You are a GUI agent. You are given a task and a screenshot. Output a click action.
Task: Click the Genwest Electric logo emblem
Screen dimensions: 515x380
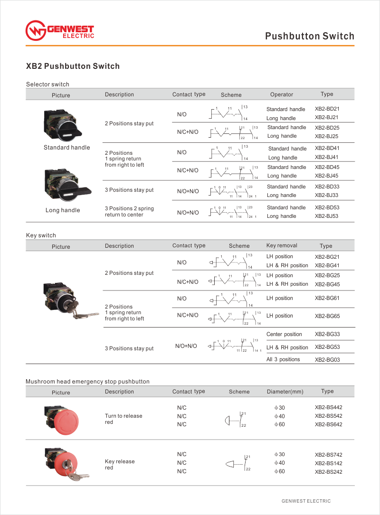click(x=35, y=31)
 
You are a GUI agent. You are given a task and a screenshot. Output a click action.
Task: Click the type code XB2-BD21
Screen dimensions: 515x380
click(x=327, y=109)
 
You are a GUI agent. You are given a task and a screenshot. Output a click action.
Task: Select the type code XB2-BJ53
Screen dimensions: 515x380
click(x=327, y=216)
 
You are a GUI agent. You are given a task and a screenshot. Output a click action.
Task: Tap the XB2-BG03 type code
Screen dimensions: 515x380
click(x=327, y=360)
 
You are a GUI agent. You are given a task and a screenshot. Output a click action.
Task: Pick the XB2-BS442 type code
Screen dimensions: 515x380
click(x=328, y=407)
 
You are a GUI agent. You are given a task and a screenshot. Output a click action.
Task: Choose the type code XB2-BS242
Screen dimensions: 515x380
click(x=328, y=472)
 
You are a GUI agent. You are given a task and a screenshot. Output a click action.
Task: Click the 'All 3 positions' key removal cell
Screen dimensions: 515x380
click(x=283, y=359)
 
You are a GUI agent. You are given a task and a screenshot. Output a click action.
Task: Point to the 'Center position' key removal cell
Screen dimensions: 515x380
click(x=284, y=334)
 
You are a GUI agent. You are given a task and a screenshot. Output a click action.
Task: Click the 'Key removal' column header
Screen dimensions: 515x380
click(x=282, y=245)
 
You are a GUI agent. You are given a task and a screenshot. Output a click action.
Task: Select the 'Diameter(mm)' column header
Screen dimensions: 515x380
click(x=285, y=392)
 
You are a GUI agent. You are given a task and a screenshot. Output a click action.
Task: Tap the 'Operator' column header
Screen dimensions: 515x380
click(x=282, y=94)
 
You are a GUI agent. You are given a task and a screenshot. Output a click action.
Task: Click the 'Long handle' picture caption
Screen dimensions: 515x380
click(x=63, y=210)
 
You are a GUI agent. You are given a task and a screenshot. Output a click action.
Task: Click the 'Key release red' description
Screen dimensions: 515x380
click(x=120, y=465)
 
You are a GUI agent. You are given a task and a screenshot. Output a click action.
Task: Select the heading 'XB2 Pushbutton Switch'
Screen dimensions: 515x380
click(x=73, y=66)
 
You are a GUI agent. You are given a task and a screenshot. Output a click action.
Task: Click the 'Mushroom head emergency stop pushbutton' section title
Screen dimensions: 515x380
click(x=87, y=382)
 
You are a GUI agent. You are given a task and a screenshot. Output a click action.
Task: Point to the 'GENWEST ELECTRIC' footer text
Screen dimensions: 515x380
click(x=306, y=501)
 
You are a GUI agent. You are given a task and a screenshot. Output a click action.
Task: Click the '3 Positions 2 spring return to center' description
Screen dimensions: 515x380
click(x=129, y=212)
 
